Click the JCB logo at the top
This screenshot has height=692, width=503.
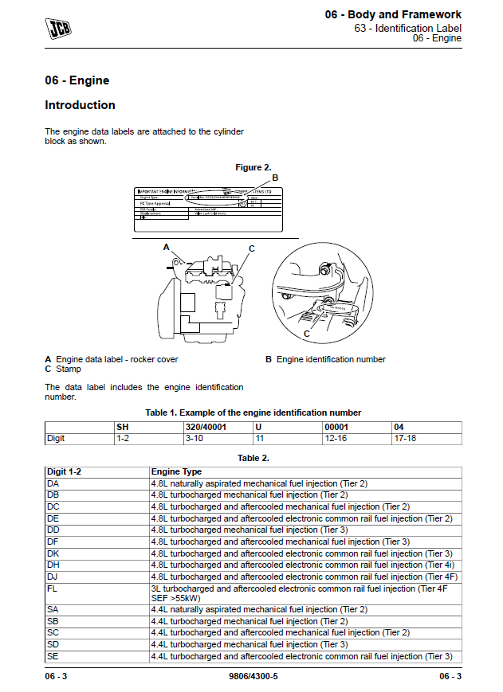[58, 29]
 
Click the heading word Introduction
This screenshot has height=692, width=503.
[80, 105]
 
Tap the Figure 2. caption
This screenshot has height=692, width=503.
[253, 167]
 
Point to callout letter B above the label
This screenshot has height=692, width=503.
[275, 178]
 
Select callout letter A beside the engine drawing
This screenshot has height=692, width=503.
[167, 248]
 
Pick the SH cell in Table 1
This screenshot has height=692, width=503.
[123, 427]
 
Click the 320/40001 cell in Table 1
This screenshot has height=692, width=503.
[205, 427]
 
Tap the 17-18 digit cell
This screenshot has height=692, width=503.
[404, 438]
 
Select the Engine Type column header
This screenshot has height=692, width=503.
[176, 472]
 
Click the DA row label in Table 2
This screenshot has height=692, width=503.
[53, 483]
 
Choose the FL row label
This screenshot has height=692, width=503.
[53, 589]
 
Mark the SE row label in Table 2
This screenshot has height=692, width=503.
[53, 656]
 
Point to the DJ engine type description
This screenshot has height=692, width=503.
[305, 577]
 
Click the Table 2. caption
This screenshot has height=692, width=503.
[253, 458]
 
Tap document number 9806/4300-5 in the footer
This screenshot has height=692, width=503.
[253, 676]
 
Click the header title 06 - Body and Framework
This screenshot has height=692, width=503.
[393, 14]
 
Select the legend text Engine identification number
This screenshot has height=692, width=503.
[330, 359]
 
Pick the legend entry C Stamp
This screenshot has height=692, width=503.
[63, 369]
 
